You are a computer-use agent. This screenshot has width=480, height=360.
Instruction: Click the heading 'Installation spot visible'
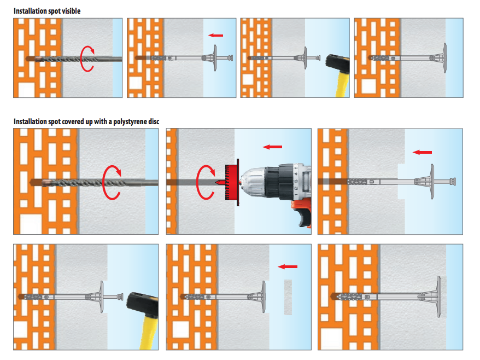pyautogui.click(x=49, y=11)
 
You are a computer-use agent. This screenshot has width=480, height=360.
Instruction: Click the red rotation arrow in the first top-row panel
pyautogui.click(x=87, y=59)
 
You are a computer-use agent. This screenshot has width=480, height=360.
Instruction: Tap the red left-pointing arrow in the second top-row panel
pyautogui.click(x=216, y=36)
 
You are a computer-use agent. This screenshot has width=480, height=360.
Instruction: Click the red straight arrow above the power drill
pyautogui.click(x=272, y=147)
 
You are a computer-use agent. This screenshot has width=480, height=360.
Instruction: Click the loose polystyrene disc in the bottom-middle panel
pyautogui.click(x=288, y=297)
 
